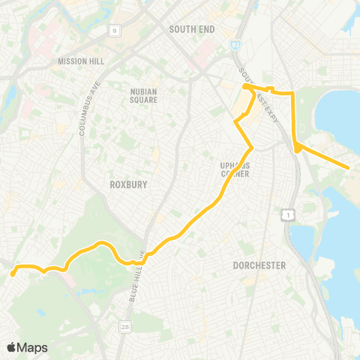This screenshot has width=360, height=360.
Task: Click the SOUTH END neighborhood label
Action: click(x=192, y=29)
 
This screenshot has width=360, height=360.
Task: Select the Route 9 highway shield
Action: click(x=115, y=31)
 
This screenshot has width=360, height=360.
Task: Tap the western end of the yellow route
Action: click(x=13, y=274)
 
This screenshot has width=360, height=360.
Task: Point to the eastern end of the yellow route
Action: click(x=349, y=167)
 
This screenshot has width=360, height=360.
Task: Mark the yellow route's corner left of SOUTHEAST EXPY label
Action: click(x=246, y=88)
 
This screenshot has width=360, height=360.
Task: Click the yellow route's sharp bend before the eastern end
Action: click(x=297, y=149)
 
